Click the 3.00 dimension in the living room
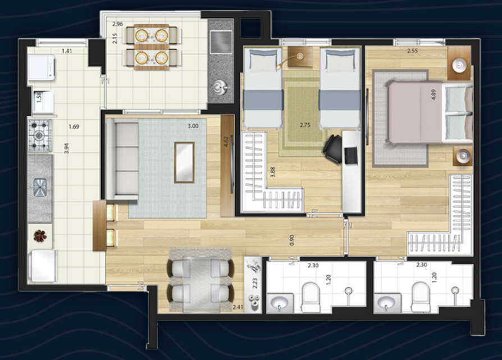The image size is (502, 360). [193, 126]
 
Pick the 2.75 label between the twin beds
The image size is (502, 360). [305, 124]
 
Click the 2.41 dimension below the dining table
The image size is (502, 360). [238, 307]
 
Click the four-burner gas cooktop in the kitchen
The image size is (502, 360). [40, 135]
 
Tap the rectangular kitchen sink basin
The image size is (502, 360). [40, 187]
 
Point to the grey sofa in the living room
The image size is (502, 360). [122, 161]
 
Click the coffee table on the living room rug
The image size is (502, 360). [184, 162]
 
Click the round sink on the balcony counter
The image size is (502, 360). [220, 88]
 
